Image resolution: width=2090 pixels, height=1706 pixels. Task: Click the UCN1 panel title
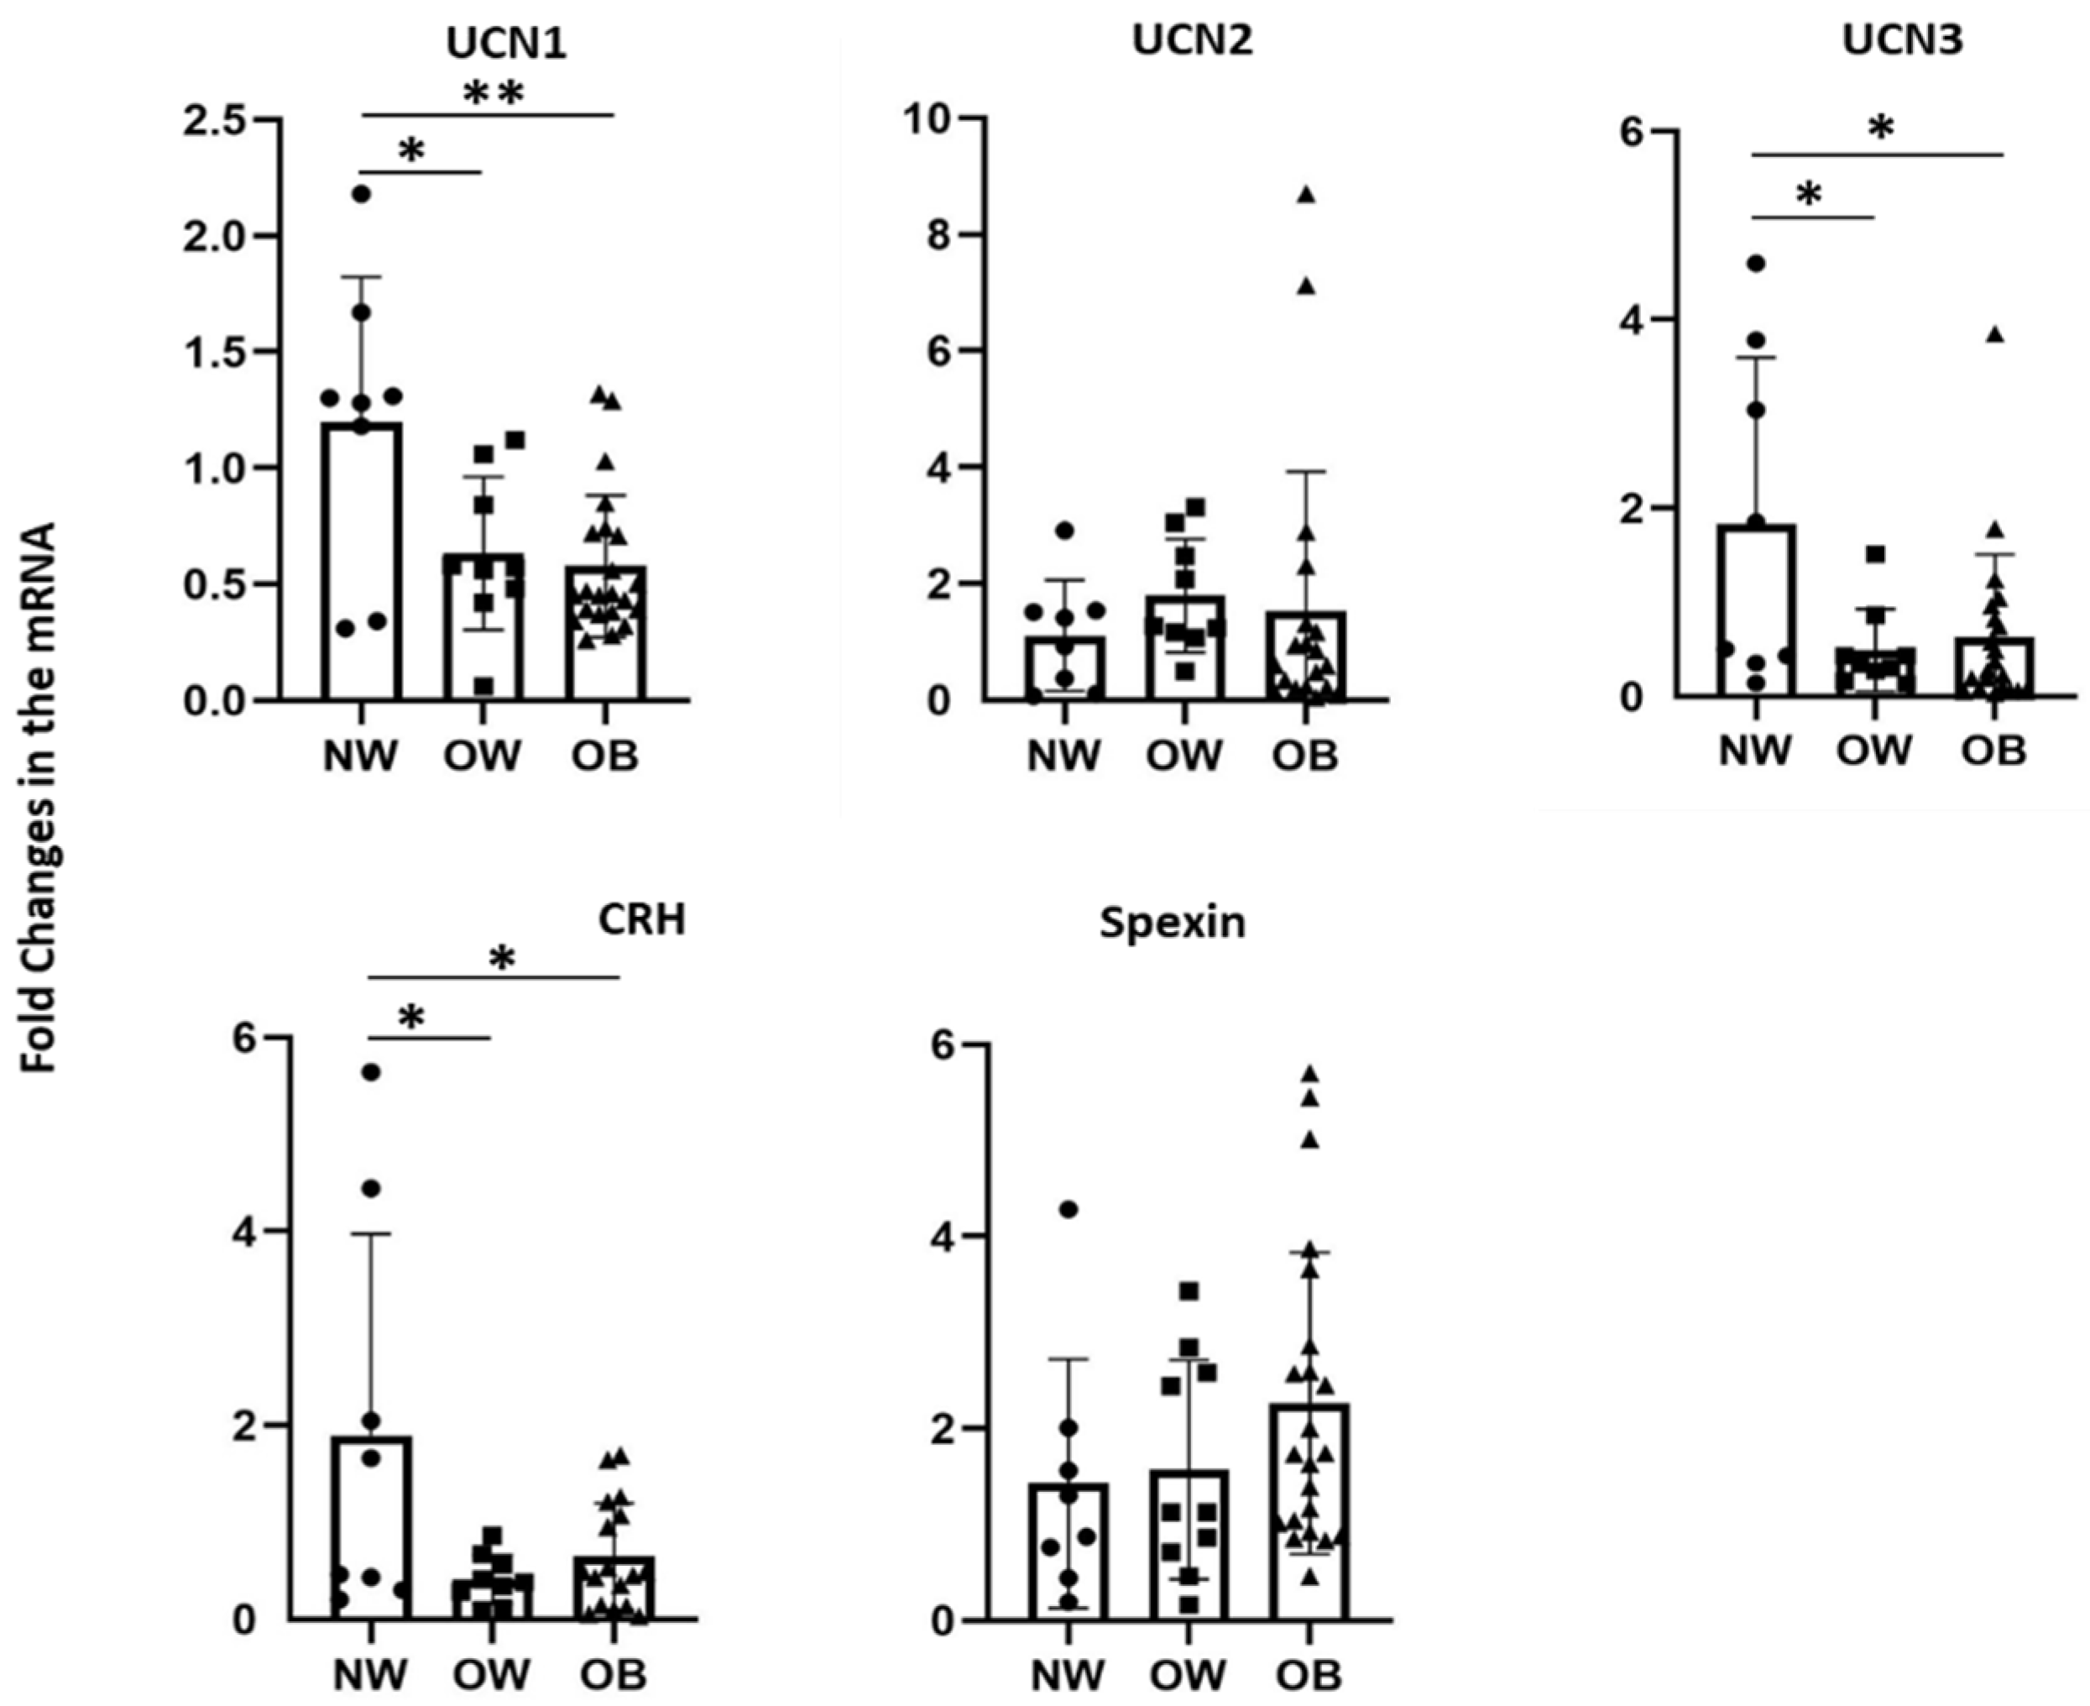point(505,44)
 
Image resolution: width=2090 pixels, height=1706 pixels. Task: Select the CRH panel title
point(641,920)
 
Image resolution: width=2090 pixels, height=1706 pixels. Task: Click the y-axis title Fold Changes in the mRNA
point(40,797)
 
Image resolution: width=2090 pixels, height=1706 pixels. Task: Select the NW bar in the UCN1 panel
point(362,561)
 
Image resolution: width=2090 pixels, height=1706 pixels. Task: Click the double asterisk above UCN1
point(494,93)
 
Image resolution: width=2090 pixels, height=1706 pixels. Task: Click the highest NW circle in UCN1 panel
point(362,194)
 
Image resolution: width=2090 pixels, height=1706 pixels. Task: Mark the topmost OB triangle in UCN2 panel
point(1306,195)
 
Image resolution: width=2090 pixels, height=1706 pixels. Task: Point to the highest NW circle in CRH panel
point(372,1072)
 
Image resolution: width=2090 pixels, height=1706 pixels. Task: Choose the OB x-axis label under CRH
point(613,1673)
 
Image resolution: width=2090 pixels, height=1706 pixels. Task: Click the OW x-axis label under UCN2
point(1184,756)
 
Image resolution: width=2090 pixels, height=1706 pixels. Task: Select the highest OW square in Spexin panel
point(1189,1290)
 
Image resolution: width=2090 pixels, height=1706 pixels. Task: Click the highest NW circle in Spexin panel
point(1069,1210)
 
